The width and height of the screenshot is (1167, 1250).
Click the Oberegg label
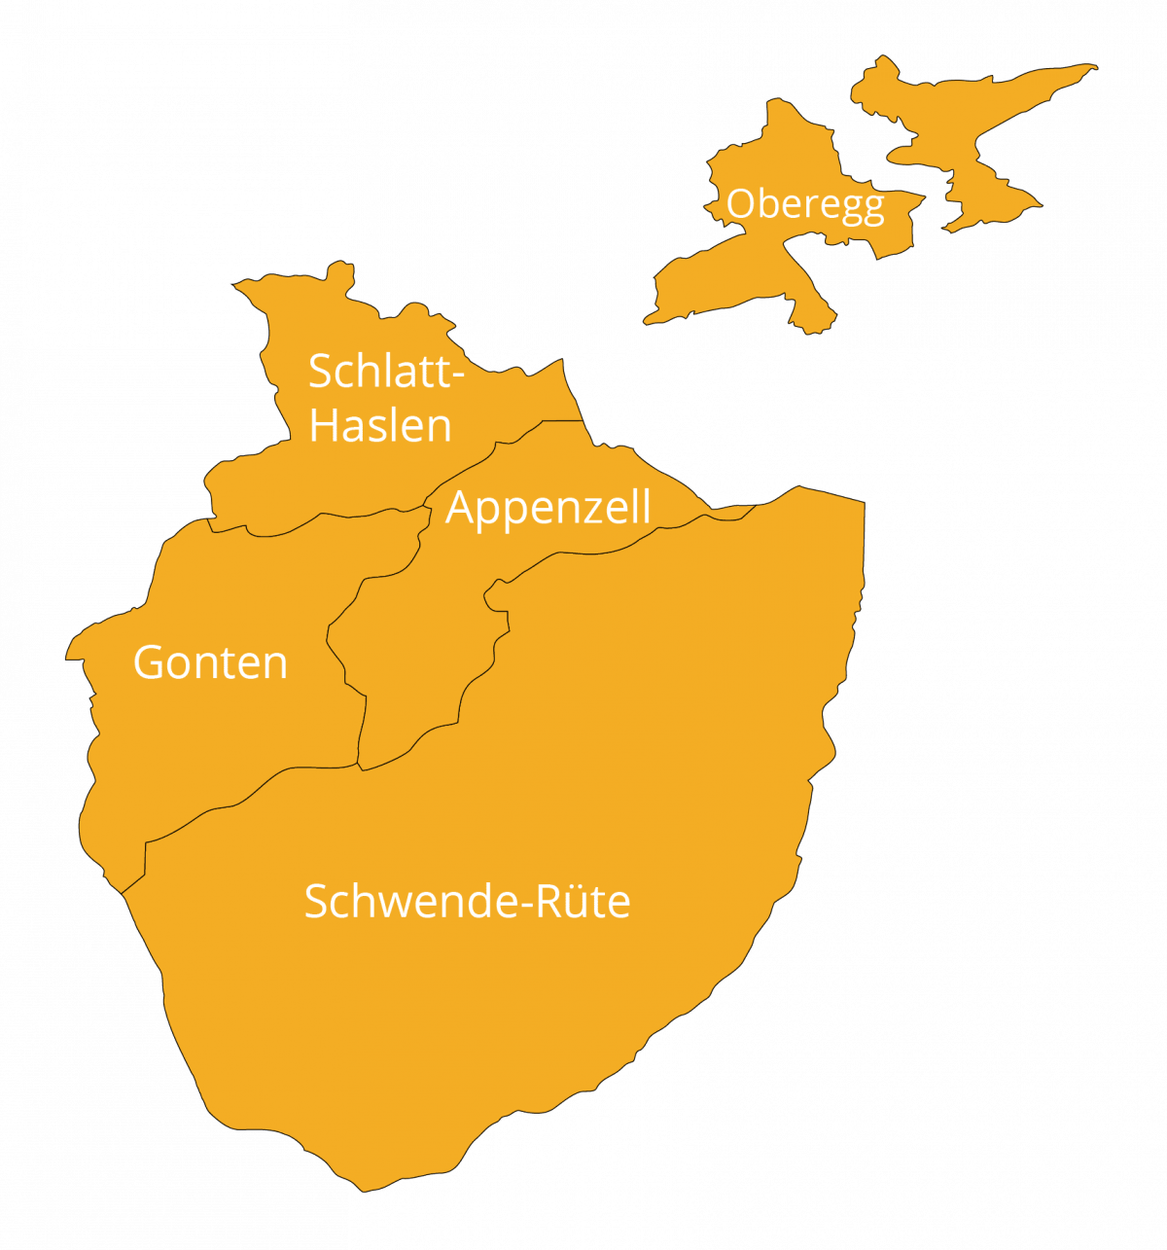[x=805, y=205]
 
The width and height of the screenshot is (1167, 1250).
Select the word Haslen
[x=380, y=426]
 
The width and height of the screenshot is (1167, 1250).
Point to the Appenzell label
[x=548, y=508]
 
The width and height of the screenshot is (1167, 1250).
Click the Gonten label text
[x=210, y=663]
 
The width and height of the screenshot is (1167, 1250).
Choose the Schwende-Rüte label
[x=467, y=902]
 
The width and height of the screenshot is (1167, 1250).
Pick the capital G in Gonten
[x=149, y=663]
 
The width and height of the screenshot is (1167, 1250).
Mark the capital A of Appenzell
[x=460, y=508]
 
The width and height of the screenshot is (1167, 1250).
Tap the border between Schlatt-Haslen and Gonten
[x=321, y=515]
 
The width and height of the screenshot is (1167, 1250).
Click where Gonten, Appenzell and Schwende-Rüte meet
[x=360, y=766]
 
